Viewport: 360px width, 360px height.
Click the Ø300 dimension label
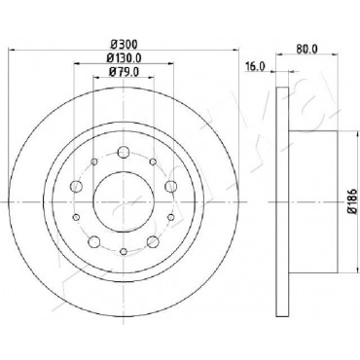pos(125,44)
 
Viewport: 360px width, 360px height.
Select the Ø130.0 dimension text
pos(124,57)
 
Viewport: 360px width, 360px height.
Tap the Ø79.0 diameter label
pos(124,72)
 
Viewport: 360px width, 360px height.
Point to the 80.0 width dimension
pos(306,49)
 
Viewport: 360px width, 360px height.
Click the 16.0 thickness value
pos(255,67)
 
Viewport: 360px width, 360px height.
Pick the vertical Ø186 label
pos(353,201)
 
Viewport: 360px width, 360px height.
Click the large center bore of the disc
pos(124,201)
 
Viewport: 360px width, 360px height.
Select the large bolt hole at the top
pos(124,152)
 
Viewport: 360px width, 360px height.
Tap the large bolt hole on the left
pos(76,186)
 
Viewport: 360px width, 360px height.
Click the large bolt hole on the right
pos(170,186)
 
